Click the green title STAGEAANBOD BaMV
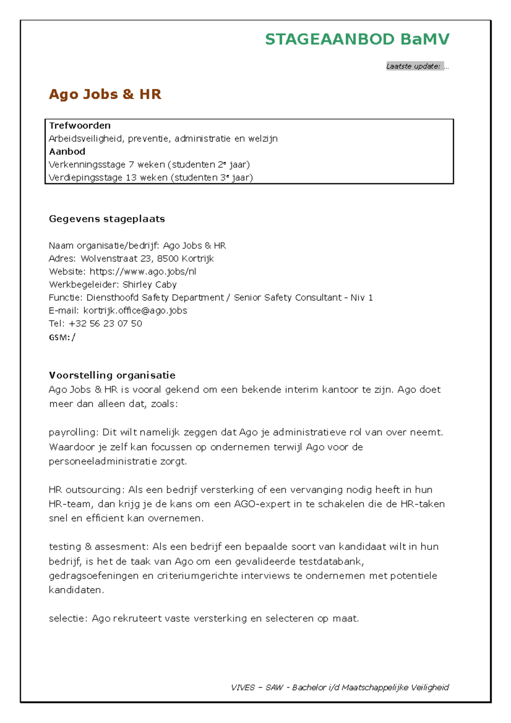pyautogui.click(x=357, y=39)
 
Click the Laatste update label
pyautogui.click(x=413, y=66)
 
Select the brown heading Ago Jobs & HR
pyautogui.click(x=105, y=94)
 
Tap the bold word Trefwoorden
pyautogui.click(x=80, y=126)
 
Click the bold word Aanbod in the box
pyautogui.click(x=67, y=152)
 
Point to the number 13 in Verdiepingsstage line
pyautogui.click(x=131, y=178)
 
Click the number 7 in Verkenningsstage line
pyautogui.click(x=131, y=165)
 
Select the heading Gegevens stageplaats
pyautogui.click(x=107, y=219)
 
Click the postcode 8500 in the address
pyautogui.click(x=168, y=258)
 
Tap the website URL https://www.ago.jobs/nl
pyautogui.click(x=143, y=272)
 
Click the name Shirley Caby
pyautogui.click(x=149, y=284)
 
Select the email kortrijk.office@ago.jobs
pyautogui.click(x=135, y=310)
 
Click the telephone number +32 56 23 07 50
pyautogui.click(x=105, y=324)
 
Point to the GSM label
pyautogui.click(x=59, y=338)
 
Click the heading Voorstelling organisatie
pyautogui.click(x=112, y=375)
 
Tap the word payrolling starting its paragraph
pyautogui.click(x=73, y=433)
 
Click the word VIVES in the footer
pyautogui.click(x=242, y=687)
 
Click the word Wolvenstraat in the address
pyautogui.click(x=109, y=258)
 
